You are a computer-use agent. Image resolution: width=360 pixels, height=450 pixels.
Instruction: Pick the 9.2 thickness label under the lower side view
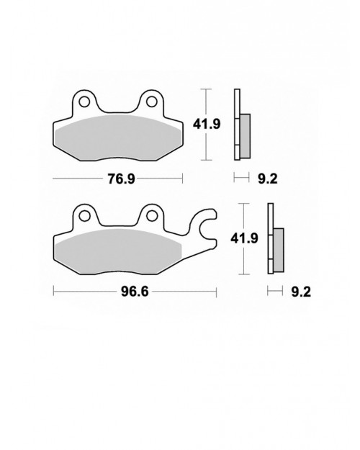301,292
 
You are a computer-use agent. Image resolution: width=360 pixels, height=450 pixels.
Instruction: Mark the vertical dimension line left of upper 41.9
207,124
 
